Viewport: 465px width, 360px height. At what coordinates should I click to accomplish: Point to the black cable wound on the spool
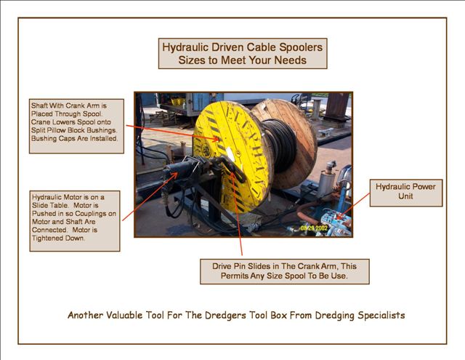[280, 145]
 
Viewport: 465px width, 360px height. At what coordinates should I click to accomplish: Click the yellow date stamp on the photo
[314, 228]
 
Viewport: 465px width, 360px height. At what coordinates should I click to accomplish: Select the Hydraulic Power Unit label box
[406, 193]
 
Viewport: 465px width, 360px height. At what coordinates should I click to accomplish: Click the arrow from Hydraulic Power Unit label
[354, 207]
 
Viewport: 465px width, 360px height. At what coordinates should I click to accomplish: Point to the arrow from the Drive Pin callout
[237, 213]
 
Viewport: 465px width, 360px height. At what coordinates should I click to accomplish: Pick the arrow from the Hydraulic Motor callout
[150, 196]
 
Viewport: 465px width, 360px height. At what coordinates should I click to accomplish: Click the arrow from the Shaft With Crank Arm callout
[173, 132]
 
